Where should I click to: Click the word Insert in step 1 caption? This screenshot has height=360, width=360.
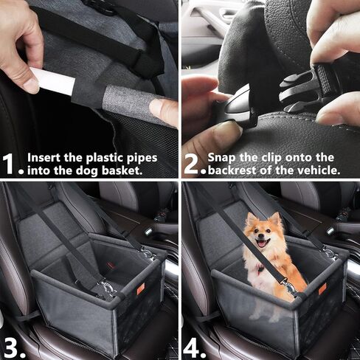coord(44,158)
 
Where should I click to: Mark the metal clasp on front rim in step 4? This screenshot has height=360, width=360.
coord(293,292)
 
